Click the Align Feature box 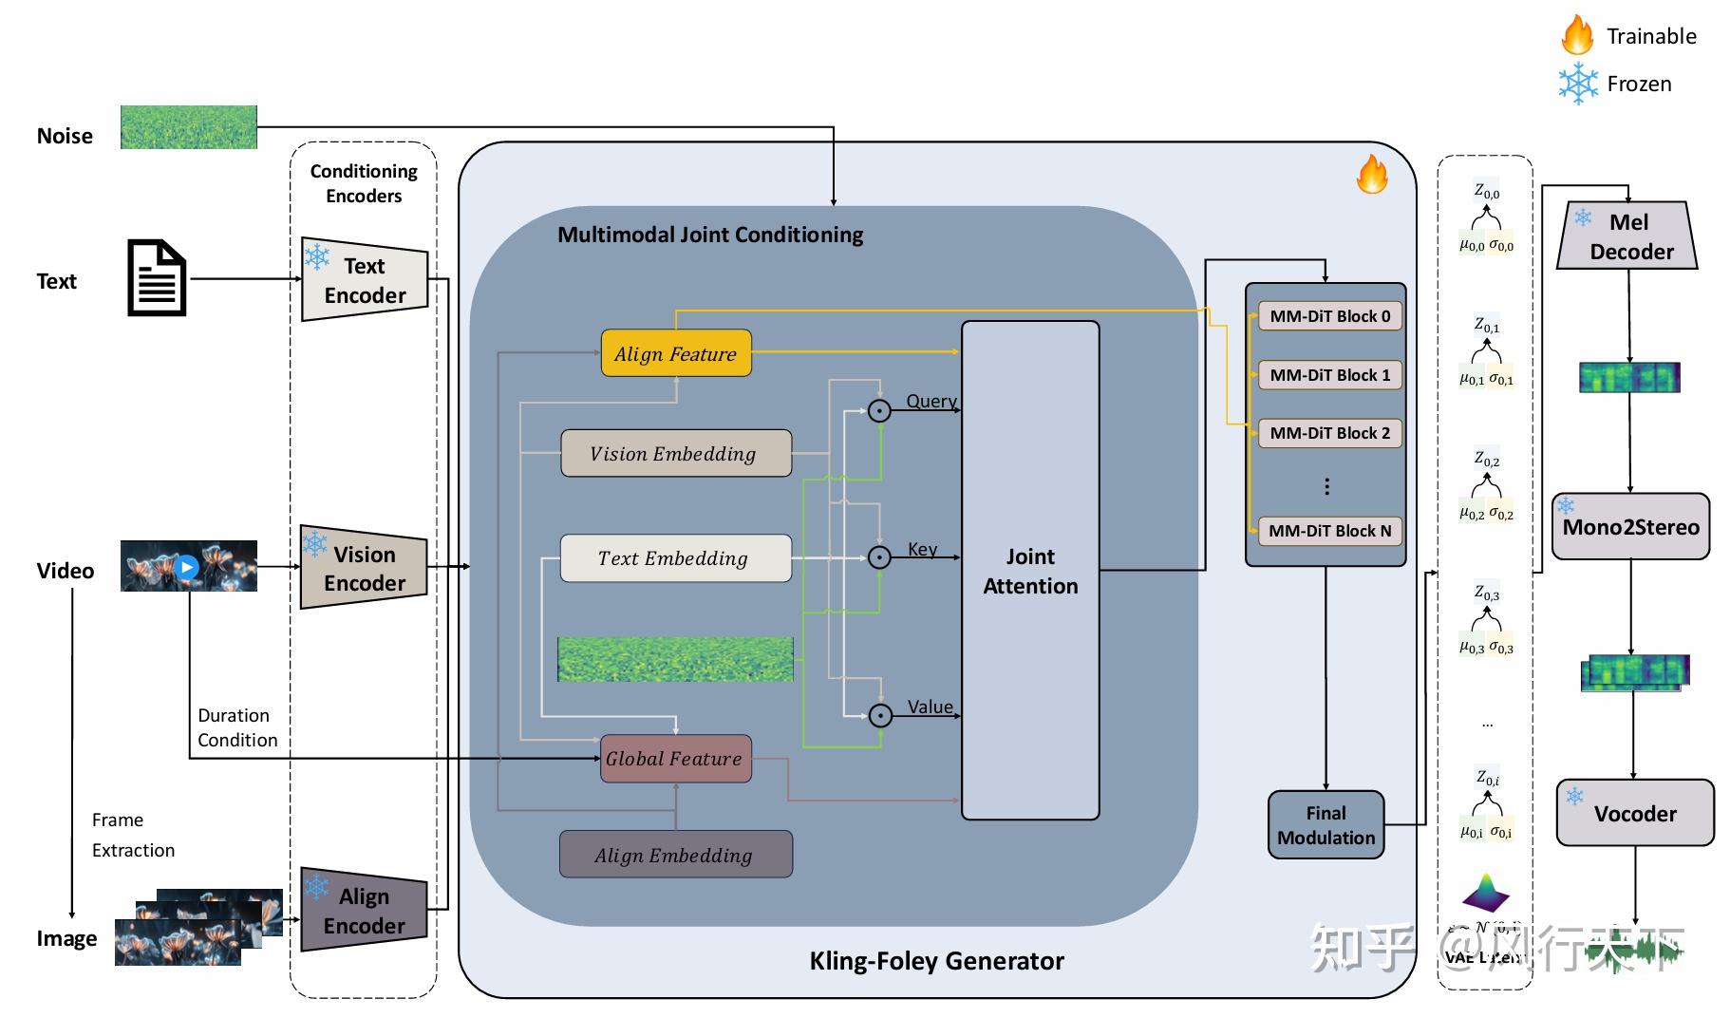pos(675,353)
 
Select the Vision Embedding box pos(675,453)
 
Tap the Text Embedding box pos(675,557)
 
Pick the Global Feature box pos(675,758)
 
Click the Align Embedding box pos(675,855)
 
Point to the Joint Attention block pos(1030,570)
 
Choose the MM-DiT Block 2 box pos(1329,433)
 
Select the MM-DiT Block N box pos(1329,531)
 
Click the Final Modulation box pos(1326,825)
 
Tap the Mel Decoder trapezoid pos(1627,236)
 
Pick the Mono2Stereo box pos(1630,526)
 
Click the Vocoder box pos(1634,813)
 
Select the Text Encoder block pos(365,279)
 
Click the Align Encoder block pos(364,910)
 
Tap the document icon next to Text pos(157,277)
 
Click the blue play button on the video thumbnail pos(187,567)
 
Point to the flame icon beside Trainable pos(1577,35)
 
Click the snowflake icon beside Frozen pos(1577,84)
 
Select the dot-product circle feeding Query pos(879,410)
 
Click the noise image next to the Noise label pos(188,127)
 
